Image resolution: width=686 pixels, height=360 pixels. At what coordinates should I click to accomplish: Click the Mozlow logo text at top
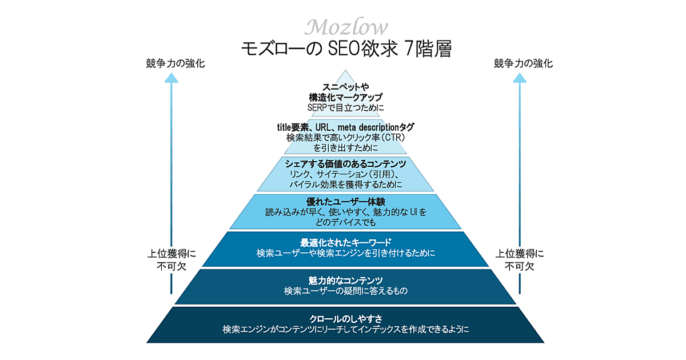[x=346, y=27]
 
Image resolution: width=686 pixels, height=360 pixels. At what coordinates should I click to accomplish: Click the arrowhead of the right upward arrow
[x=520, y=79]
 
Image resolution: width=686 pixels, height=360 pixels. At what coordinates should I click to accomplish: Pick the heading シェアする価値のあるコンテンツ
[x=345, y=164]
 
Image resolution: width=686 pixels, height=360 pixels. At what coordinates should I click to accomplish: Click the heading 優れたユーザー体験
[x=346, y=202]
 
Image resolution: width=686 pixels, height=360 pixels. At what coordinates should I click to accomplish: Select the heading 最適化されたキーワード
[x=345, y=242]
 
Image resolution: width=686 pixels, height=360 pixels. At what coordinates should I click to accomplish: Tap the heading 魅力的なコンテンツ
[x=345, y=280]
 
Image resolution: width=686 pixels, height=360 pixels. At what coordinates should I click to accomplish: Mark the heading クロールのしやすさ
[x=346, y=319]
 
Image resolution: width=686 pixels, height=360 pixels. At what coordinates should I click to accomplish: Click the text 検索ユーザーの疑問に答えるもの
[x=346, y=291]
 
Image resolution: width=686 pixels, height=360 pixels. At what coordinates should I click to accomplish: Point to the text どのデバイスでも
[x=346, y=222]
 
